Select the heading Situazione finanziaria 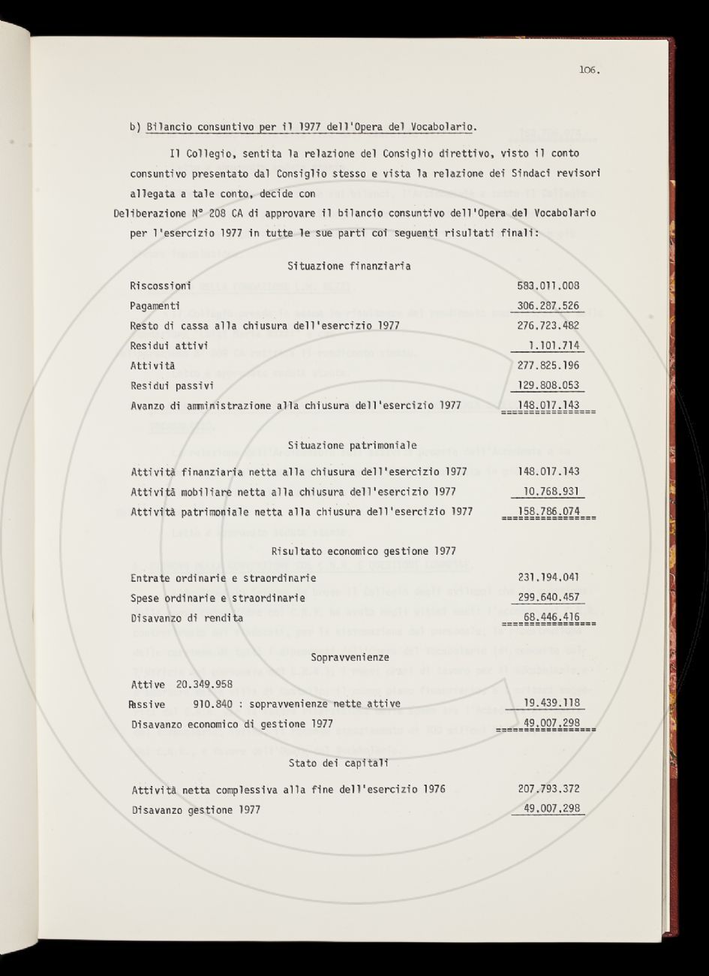click(349, 266)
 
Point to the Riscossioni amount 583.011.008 click(548, 286)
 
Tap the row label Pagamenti click(155, 306)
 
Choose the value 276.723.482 click(548, 326)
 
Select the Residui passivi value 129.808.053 click(548, 386)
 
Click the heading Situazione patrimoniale click(352, 445)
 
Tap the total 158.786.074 click(548, 512)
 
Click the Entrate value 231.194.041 click(548, 578)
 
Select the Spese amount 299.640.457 click(548, 598)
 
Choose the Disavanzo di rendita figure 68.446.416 click(551, 618)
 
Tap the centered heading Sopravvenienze click(351, 657)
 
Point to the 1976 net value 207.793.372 click(548, 790)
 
